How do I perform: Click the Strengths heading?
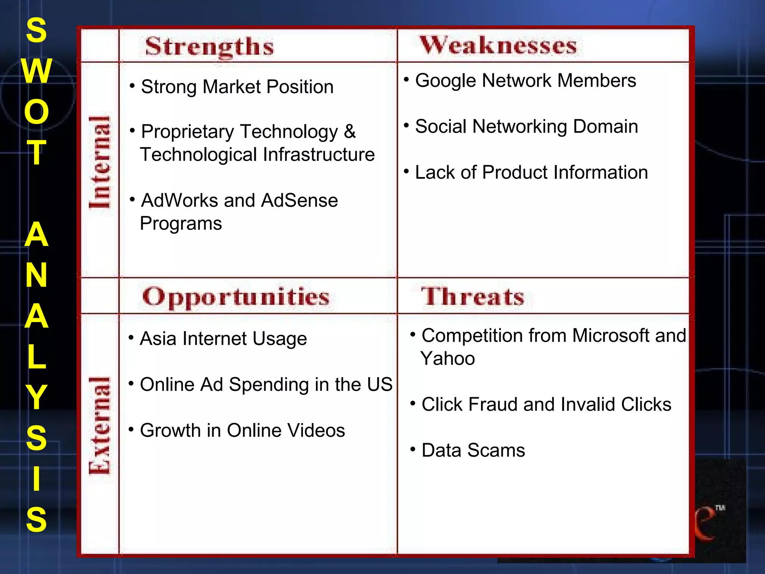pyautogui.click(x=209, y=47)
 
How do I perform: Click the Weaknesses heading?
pyautogui.click(x=498, y=46)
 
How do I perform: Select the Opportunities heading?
pyautogui.click(x=236, y=297)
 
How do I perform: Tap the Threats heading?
pyautogui.click(x=473, y=297)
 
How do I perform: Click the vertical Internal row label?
pyautogui.click(x=100, y=162)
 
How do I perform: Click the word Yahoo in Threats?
pyautogui.click(x=447, y=359)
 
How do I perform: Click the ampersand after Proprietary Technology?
pyautogui.click(x=350, y=132)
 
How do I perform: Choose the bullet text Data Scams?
pyautogui.click(x=473, y=450)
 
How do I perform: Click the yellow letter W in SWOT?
pyautogui.click(x=36, y=71)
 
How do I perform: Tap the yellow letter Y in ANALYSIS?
pyautogui.click(x=36, y=397)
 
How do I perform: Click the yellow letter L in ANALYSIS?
pyautogui.click(x=36, y=357)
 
